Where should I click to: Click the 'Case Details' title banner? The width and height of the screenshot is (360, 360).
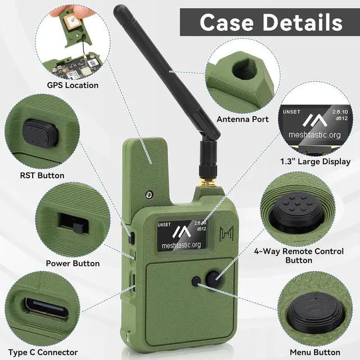[270, 22]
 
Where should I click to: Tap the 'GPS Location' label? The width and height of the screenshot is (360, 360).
[73, 85]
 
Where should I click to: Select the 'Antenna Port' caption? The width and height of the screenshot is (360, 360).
[242, 119]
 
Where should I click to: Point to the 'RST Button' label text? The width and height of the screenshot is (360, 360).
[42, 175]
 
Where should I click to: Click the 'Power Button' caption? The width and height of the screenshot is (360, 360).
[73, 264]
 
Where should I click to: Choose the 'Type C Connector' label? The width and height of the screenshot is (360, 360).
[43, 353]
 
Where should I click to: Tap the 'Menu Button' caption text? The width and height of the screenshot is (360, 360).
[315, 353]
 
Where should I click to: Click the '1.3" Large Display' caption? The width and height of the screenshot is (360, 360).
[315, 161]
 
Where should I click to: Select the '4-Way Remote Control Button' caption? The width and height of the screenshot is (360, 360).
[299, 256]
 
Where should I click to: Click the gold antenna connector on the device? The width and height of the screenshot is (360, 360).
[208, 182]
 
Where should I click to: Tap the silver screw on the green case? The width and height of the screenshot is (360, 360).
[149, 195]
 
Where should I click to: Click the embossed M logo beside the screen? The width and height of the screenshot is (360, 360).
[226, 233]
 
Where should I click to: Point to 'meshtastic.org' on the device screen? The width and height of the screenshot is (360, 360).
[181, 245]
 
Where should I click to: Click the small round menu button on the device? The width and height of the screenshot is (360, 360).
[196, 281]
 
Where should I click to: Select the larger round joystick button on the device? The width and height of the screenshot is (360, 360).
[213, 279]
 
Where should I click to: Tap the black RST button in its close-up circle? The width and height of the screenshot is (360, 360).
[40, 133]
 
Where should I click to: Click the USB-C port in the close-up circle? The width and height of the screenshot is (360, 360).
[47, 310]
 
